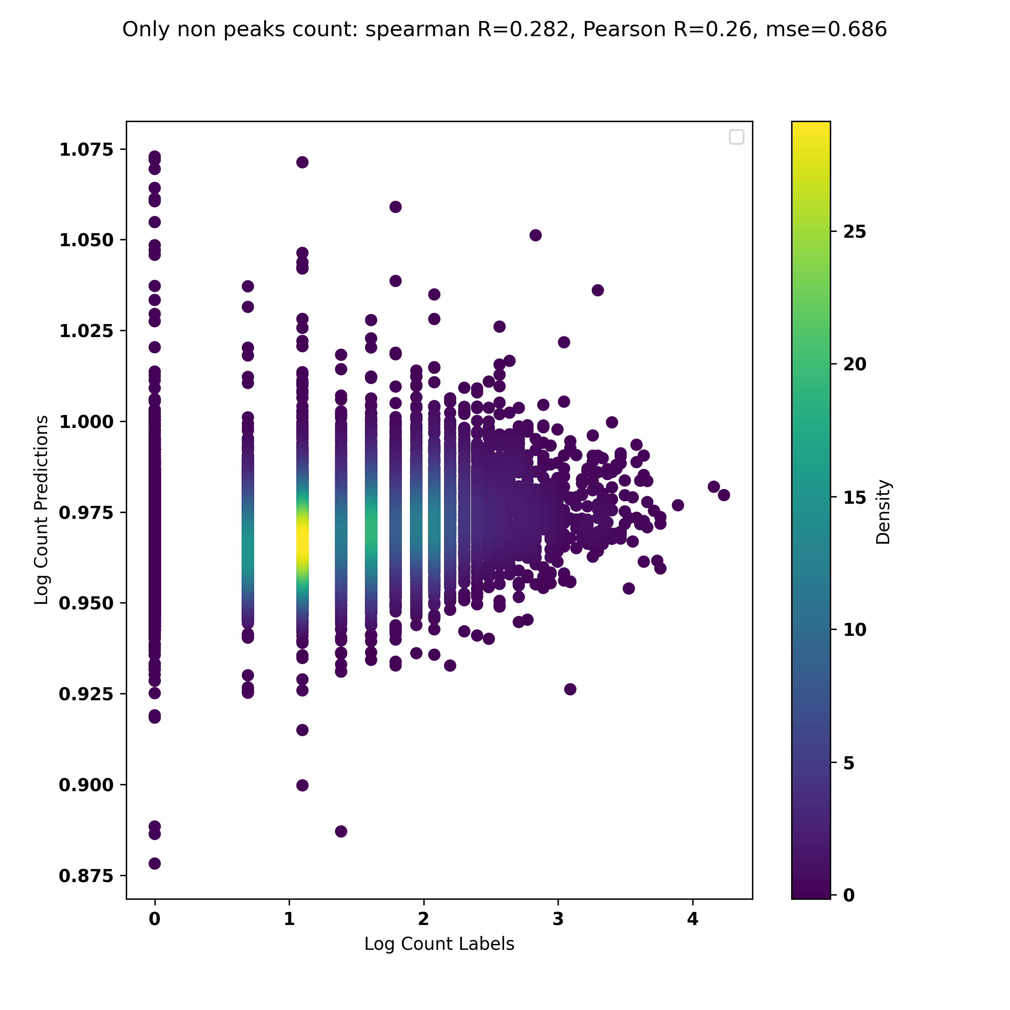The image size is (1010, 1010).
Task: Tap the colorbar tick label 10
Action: coord(855,630)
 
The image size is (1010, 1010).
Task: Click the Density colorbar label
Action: coord(883,512)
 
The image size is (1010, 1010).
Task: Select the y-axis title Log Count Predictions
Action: coord(41,510)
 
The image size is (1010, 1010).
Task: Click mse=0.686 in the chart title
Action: coord(826,30)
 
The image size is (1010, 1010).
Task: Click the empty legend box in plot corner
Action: coord(736,137)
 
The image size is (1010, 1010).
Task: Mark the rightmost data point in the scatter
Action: coord(723,495)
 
